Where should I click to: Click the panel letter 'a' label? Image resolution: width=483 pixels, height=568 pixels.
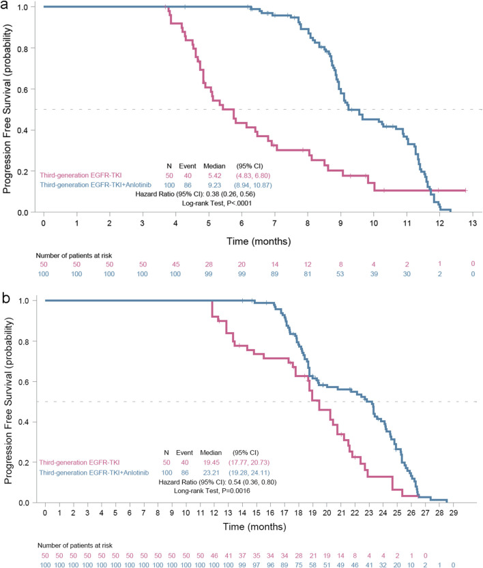(5, 5)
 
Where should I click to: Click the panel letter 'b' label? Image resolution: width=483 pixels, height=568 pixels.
(5, 298)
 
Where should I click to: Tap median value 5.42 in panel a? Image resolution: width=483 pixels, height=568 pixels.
(214, 176)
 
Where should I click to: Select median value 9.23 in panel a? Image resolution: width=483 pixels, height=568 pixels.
(214, 185)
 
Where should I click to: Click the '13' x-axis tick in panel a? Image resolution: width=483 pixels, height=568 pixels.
(473, 223)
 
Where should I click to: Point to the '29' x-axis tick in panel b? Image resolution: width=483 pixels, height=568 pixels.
(453, 513)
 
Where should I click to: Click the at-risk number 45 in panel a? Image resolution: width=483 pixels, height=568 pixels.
(176, 265)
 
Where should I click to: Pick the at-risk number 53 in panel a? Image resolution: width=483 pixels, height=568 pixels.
(340, 274)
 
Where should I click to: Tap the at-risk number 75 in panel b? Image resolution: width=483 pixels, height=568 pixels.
(299, 565)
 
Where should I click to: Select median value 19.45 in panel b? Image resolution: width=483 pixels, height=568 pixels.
(211, 462)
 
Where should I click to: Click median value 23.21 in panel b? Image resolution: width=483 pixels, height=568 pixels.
(211, 473)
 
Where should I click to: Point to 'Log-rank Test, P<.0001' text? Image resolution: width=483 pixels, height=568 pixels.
(217, 203)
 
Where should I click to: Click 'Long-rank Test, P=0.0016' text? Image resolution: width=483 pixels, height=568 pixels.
(212, 491)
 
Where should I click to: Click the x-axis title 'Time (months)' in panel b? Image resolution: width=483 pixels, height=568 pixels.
(254, 526)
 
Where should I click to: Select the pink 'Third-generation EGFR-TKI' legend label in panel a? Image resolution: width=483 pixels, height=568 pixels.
(80, 175)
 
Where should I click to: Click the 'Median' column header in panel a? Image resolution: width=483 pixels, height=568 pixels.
(214, 166)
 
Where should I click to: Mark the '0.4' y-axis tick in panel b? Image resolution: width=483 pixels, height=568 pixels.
(24, 422)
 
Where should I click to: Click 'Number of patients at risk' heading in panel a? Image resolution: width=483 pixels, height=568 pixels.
(74, 256)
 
